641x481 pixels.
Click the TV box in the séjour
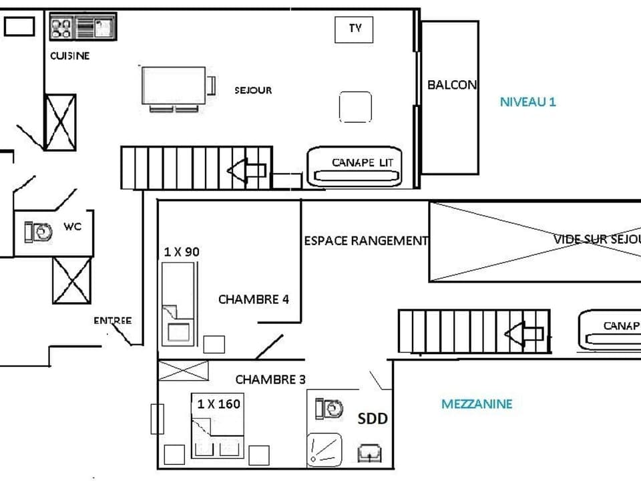click(354, 29)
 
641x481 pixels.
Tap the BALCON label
click(452, 85)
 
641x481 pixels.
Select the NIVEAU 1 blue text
click(527, 102)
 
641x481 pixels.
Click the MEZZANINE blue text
click(477, 404)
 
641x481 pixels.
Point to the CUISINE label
click(69, 56)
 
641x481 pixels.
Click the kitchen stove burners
click(61, 28)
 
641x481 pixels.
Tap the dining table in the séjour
click(174, 86)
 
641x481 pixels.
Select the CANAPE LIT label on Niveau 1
click(363, 162)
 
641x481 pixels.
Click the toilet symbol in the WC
click(39, 232)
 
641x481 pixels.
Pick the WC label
click(73, 226)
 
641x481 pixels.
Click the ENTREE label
click(112, 321)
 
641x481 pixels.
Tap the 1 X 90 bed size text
click(182, 252)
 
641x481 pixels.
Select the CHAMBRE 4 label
click(253, 299)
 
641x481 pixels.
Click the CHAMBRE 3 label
click(270, 379)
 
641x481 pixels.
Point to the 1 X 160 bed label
click(218, 404)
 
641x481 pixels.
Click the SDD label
click(373, 419)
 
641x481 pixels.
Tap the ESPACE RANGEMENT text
click(366, 240)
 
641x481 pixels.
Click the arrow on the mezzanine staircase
click(524, 332)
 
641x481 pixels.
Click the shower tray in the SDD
click(325, 450)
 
